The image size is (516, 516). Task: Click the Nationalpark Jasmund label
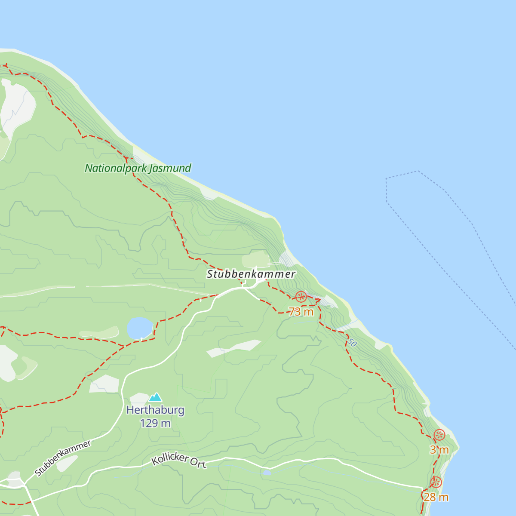point(138,168)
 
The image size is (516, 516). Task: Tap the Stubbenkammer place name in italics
point(251,274)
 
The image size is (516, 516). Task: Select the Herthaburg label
point(155,410)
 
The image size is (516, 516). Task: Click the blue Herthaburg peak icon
point(155,397)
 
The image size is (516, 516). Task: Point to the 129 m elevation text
point(155,424)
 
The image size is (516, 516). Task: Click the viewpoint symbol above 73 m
point(301,297)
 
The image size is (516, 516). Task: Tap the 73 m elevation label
point(301,312)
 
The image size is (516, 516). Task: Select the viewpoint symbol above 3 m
point(439,435)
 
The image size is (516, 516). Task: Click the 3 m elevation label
point(439,450)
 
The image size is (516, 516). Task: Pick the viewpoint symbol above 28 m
point(436,482)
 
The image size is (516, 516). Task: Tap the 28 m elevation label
point(436,498)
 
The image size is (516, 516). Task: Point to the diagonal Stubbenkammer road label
point(63,458)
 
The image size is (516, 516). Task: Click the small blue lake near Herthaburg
point(140,328)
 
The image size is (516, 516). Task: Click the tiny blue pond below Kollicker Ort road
point(267,473)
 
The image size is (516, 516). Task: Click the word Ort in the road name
point(199,464)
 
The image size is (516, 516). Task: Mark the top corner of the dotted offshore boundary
point(418,171)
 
